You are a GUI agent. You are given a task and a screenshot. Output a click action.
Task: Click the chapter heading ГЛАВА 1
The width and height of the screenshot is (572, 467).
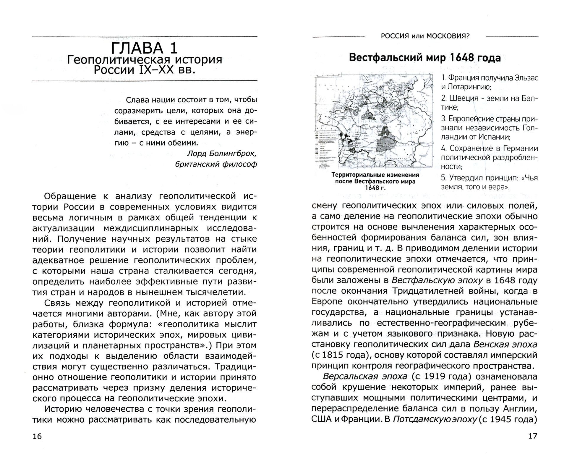145,48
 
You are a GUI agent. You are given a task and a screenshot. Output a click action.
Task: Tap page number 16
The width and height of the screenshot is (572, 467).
37,437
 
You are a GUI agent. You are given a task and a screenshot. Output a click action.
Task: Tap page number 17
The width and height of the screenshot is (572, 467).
532,436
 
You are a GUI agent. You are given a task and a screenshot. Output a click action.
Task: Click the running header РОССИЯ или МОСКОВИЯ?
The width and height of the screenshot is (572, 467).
425,36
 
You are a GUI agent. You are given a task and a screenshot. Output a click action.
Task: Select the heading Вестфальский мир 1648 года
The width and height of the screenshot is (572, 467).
425,58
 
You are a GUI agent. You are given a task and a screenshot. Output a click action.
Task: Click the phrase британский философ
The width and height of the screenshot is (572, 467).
216,164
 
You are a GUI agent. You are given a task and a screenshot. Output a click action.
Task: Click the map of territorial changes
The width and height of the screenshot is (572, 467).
374,121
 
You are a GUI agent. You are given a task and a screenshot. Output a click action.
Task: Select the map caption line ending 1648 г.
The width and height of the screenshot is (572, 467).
375,188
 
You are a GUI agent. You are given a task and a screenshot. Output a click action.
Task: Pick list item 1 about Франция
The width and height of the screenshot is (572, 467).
489,83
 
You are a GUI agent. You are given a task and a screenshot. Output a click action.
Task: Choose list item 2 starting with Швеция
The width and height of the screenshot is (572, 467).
489,103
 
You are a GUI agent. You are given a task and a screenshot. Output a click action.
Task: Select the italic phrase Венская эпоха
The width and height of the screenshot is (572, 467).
505,345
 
